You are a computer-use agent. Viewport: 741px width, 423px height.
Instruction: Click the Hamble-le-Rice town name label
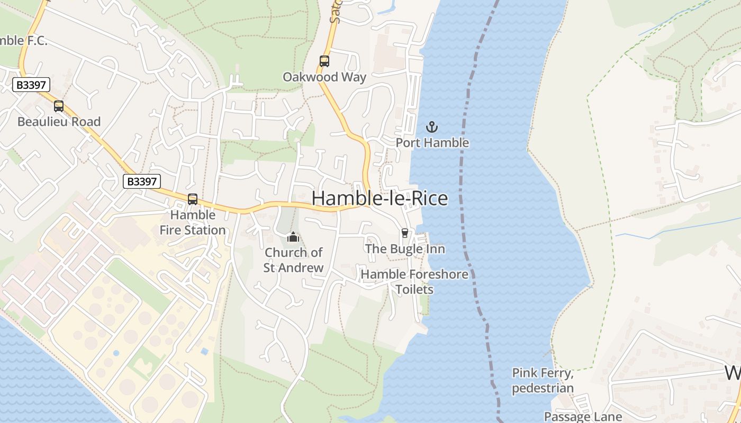pos(379,198)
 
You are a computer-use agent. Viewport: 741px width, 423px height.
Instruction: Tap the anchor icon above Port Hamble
pos(432,127)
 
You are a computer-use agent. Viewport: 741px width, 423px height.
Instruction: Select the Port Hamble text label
pos(432,143)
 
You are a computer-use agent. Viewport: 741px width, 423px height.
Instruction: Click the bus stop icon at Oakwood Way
pos(324,61)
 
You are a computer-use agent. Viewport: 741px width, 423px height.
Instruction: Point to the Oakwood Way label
pos(324,77)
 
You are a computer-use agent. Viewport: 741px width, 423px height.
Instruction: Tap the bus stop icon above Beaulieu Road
pos(59,106)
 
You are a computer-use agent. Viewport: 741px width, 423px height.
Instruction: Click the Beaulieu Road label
pos(59,122)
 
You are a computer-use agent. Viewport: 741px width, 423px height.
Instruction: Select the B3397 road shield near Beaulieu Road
pos(32,85)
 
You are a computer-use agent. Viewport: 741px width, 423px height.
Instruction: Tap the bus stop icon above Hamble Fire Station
pos(193,199)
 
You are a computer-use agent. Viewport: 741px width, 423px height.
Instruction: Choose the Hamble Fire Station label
pos(193,223)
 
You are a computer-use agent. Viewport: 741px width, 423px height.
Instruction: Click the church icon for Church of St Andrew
pos(293,237)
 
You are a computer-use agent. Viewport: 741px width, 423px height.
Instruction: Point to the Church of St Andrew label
pos(293,260)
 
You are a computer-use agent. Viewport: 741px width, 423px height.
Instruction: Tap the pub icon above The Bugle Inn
pos(405,233)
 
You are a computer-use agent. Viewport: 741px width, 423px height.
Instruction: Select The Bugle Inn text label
pos(405,249)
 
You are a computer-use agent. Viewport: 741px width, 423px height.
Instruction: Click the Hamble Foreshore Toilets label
pos(414,282)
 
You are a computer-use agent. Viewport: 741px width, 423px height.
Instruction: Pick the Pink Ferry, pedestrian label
pos(543,381)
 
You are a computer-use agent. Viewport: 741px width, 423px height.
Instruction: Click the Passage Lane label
pos(583,417)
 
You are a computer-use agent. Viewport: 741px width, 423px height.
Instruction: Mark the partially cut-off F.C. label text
pos(23,41)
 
